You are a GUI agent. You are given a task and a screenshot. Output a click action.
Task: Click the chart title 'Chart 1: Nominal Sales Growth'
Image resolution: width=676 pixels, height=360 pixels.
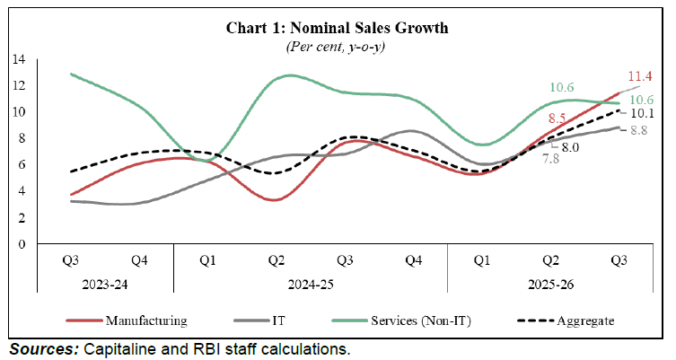tap(338, 29)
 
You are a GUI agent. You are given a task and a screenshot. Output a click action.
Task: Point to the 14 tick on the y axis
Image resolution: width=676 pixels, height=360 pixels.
tap(18, 59)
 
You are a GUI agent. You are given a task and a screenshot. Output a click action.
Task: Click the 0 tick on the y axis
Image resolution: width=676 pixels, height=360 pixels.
tap(22, 244)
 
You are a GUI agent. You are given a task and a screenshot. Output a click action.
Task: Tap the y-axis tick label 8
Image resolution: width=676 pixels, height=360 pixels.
tap(22, 138)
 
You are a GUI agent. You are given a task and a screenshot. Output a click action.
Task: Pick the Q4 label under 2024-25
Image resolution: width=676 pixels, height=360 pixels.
tap(413, 260)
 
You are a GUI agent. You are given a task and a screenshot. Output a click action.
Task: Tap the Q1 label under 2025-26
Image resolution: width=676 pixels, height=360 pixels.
tap(482, 260)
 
